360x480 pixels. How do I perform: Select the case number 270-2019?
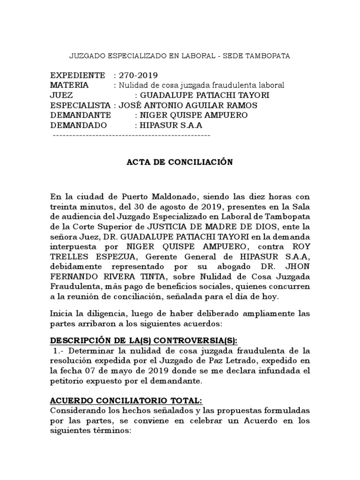[138, 75]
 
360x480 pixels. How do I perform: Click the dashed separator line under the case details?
[132, 135]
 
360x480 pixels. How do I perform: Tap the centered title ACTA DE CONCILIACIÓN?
[180, 162]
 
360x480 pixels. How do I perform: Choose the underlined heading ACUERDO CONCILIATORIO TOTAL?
[126, 400]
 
